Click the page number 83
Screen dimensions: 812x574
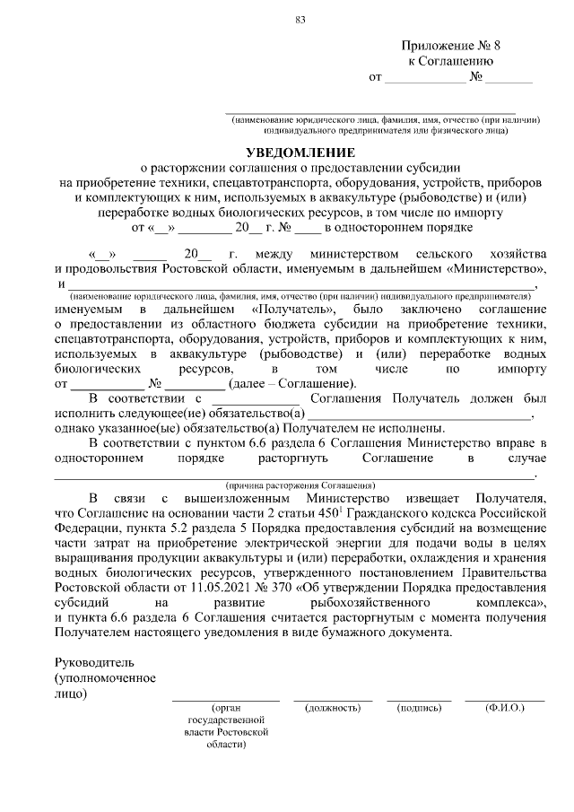[x=300, y=20]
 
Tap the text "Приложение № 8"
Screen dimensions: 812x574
[x=451, y=45]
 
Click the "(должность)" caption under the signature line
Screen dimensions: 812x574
[x=333, y=708]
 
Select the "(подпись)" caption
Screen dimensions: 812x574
[x=419, y=708]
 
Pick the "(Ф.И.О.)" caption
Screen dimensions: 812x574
[x=505, y=708]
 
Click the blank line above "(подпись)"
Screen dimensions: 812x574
[x=419, y=698]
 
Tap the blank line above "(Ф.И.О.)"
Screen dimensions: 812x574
[x=505, y=698]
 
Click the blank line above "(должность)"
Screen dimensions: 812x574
[x=333, y=698]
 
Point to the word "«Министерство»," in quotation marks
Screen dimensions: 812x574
[x=497, y=268]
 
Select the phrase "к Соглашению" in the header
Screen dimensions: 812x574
[x=451, y=61]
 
